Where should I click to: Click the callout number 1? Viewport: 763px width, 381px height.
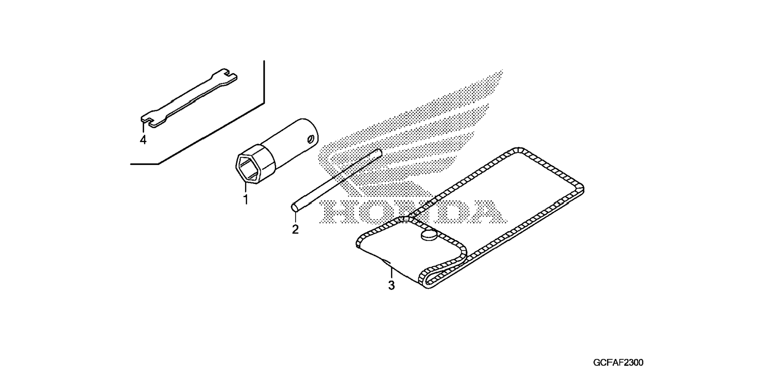[x=245, y=200]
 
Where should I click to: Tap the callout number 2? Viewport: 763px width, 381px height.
[x=295, y=229]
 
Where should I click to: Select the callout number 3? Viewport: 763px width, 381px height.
[x=391, y=285]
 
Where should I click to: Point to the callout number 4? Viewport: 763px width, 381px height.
[x=143, y=140]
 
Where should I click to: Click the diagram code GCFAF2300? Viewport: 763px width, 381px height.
[x=618, y=362]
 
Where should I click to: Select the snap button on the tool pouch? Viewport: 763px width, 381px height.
[x=429, y=235]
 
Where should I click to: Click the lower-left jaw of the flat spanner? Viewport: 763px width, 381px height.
[x=148, y=120]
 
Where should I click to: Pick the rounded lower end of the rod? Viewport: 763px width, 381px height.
[x=295, y=207]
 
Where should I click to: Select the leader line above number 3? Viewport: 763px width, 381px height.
[x=391, y=273]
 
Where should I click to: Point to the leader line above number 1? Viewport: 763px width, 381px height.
[x=245, y=187]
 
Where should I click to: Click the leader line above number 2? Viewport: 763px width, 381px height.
[x=295, y=218]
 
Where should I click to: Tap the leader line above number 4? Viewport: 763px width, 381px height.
[x=143, y=128]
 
